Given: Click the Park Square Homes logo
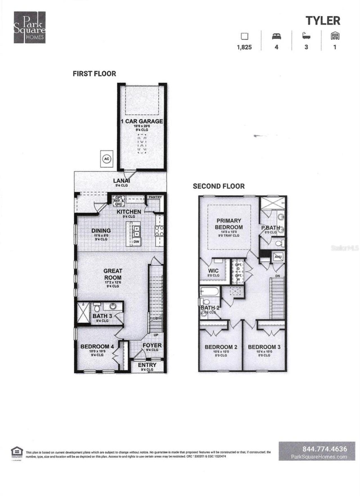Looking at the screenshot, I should click(30, 27).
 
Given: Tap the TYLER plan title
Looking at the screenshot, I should click(323, 21).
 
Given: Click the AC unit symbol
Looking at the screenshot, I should click(106, 159).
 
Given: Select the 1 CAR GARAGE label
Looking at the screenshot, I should click(142, 121).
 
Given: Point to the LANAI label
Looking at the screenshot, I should click(121, 181).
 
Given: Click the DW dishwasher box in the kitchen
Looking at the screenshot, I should click(136, 242).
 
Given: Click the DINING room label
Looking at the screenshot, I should click(101, 231).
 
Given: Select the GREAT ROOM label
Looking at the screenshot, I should click(113, 274).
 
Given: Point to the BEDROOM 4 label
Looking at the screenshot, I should click(97, 347).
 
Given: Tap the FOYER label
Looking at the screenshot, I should click(152, 345).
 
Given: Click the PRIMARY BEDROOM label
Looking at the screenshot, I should click(229, 224).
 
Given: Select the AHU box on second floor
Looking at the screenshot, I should click(278, 257).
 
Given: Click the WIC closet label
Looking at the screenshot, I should click(213, 271).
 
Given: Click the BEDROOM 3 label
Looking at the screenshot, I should click(264, 347).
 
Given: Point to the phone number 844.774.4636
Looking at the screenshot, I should click(325, 449).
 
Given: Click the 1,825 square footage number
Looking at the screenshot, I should click(244, 47).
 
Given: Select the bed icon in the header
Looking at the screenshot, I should click(276, 36).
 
